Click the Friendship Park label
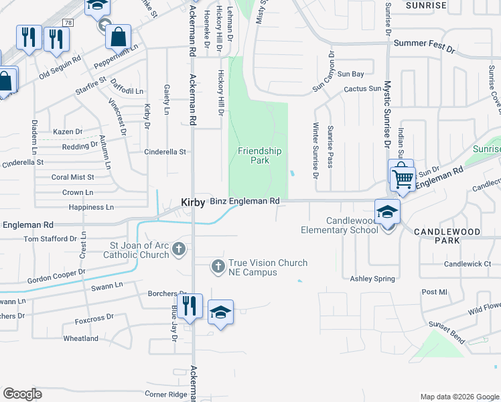(254, 155)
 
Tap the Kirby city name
(191, 202)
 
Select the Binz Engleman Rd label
(244, 201)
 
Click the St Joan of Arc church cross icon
(178, 250)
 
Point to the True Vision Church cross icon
(218, 267)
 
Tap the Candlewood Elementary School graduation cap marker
(387, 212)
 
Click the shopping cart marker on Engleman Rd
(402, 177)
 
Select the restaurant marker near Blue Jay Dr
(191, 306)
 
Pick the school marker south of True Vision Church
(220, 312)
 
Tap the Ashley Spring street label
(372, 278)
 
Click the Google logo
(23, 393)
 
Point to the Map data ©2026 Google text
(458, 397)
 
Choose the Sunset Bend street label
(446, 331)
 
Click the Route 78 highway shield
(68, 22)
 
